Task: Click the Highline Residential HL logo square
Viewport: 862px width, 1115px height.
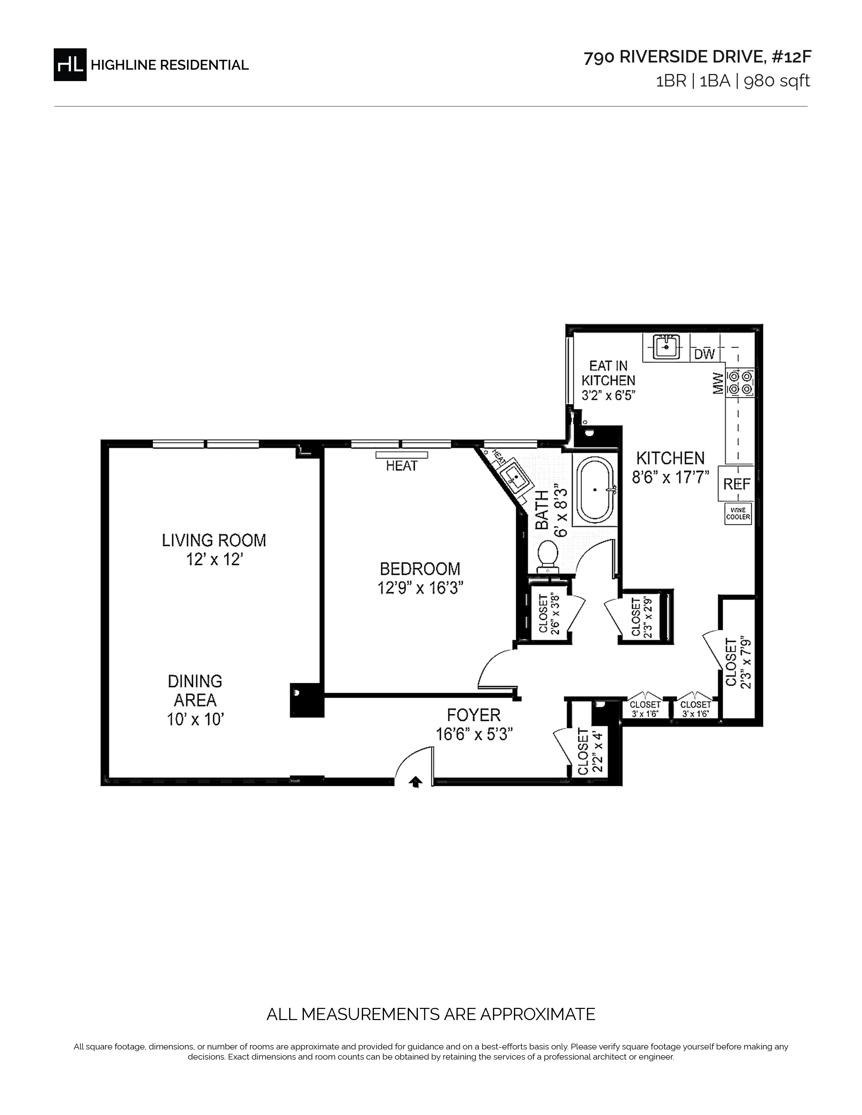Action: pyautogui.click(x=70, y=64)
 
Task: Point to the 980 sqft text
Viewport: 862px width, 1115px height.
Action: pyautogui.click(x=777, y=81)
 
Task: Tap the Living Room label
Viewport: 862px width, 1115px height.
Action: pyautogui.click(x=214, y=540)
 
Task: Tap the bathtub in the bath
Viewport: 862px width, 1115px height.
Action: pyautogui.click(x=595, y=490)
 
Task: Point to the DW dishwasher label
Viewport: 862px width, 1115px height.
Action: pyautogui.click(x=705, y=354)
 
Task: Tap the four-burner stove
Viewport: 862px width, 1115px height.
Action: pyautogui.click(x=740, y=383)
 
